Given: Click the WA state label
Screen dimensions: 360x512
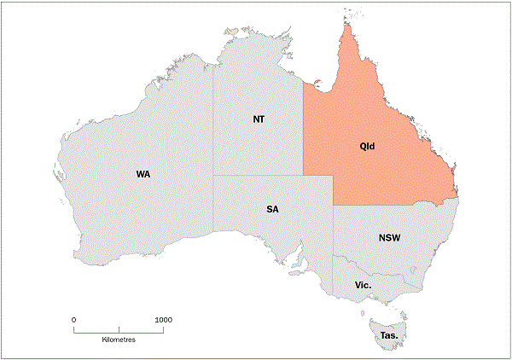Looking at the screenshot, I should coord(143,174).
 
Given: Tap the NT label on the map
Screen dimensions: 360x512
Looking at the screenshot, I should coord(259,119).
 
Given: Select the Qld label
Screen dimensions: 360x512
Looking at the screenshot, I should coord(367,146).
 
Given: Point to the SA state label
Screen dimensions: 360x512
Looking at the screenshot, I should coord(272,209).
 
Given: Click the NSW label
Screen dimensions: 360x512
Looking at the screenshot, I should coord(389,238).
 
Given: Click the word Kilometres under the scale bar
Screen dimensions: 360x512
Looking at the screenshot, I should coord(119,340).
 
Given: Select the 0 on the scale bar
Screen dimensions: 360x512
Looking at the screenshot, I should coord(74,319).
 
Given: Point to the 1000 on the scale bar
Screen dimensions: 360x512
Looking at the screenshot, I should coord(162,319).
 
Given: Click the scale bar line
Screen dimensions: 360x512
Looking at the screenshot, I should coord(119,328).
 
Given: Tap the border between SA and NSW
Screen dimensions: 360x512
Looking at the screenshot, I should coord(334,230).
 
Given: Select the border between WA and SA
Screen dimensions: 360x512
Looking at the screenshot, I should coord(213,205).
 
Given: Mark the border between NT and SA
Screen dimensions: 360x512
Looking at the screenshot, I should coord(256,176).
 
